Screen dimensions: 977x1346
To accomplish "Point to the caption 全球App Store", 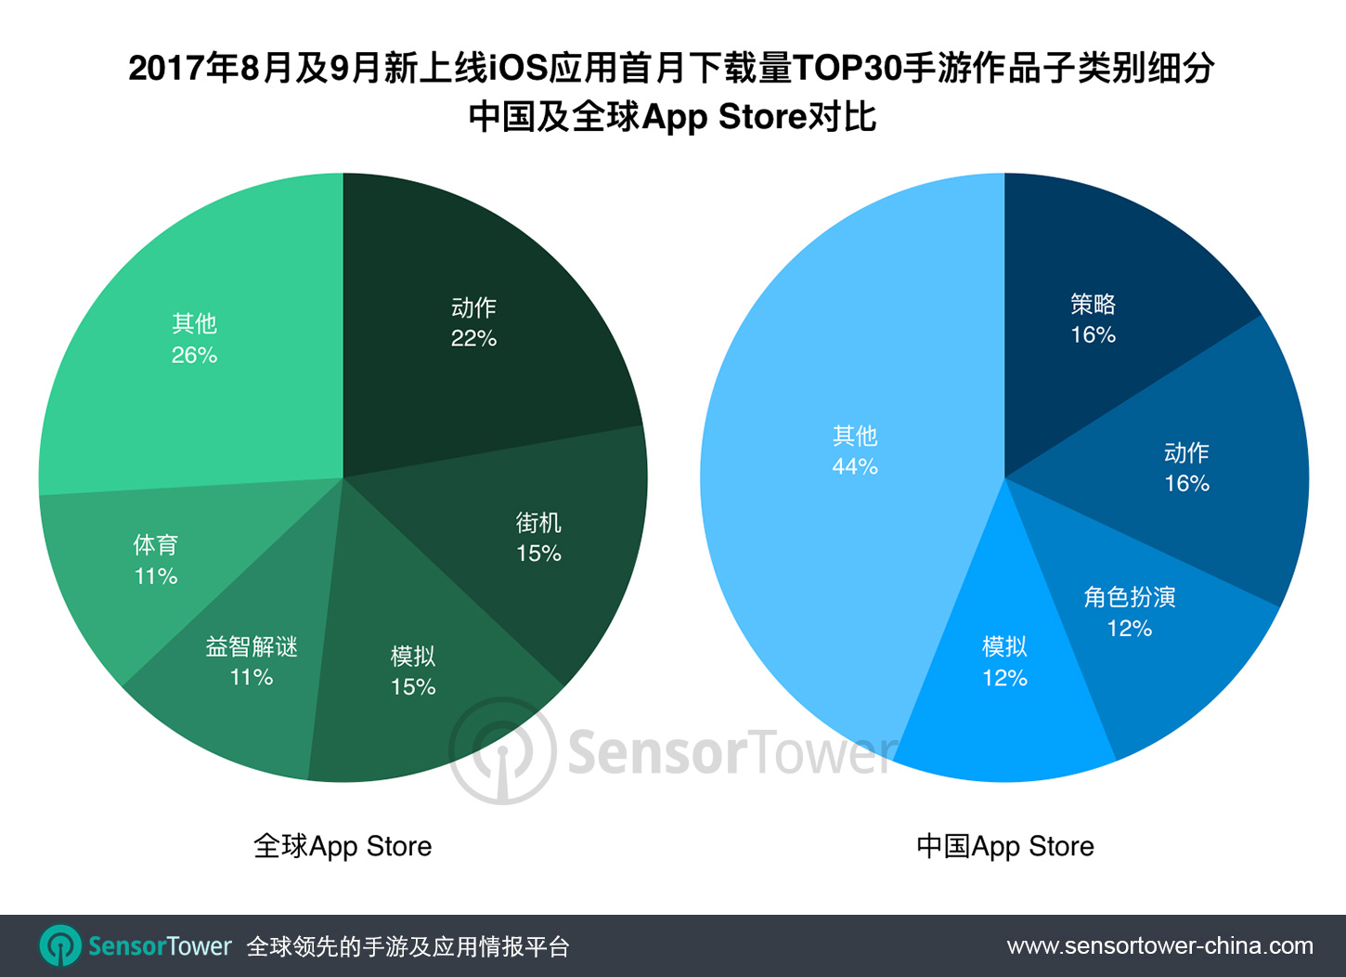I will coord(343,846).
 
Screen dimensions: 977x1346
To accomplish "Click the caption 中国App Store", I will coord(1004,846).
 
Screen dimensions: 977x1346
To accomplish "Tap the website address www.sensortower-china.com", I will coord(1159,946).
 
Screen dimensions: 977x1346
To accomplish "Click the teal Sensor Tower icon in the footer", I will coord(60,946).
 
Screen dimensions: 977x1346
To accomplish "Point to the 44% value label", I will coord(855,466).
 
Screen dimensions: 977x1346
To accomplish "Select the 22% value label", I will coord(473,339).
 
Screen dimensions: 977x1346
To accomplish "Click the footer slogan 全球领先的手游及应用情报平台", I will coord(408,946).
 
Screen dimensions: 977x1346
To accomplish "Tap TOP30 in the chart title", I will coord(848,68).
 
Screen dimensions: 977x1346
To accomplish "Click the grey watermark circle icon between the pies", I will coord(502,751).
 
